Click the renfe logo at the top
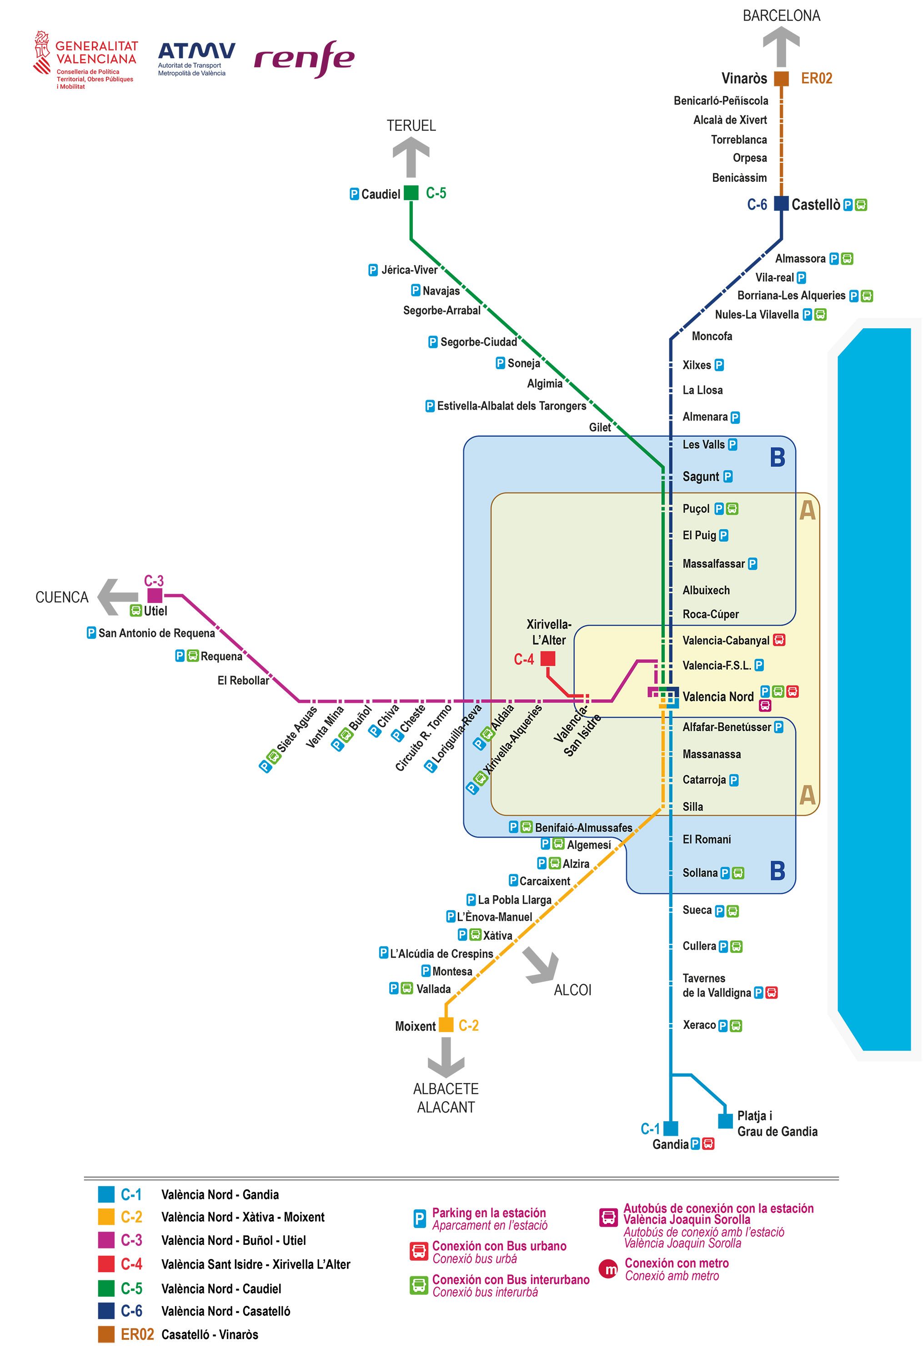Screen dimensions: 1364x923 click(304, 59)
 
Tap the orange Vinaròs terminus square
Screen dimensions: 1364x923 click(781, 79)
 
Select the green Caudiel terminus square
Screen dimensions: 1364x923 click(411, 193)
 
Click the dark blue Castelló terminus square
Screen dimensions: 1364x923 click(781, 204)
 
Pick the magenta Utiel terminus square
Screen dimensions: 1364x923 click(154, 596)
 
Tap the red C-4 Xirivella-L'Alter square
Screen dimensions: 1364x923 click(547, 658)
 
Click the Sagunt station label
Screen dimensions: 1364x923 click(700, 476)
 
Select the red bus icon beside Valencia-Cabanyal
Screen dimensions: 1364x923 click(779, 640)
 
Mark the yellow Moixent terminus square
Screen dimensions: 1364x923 click(446, 1025)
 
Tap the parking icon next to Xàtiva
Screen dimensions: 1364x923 click(462, 935)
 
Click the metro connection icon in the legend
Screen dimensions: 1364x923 click(608, 1269)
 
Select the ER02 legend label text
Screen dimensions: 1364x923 click(137, 1334)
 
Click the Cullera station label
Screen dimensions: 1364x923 click(699, 946)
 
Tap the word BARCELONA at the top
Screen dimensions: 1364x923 click(781, 16)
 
